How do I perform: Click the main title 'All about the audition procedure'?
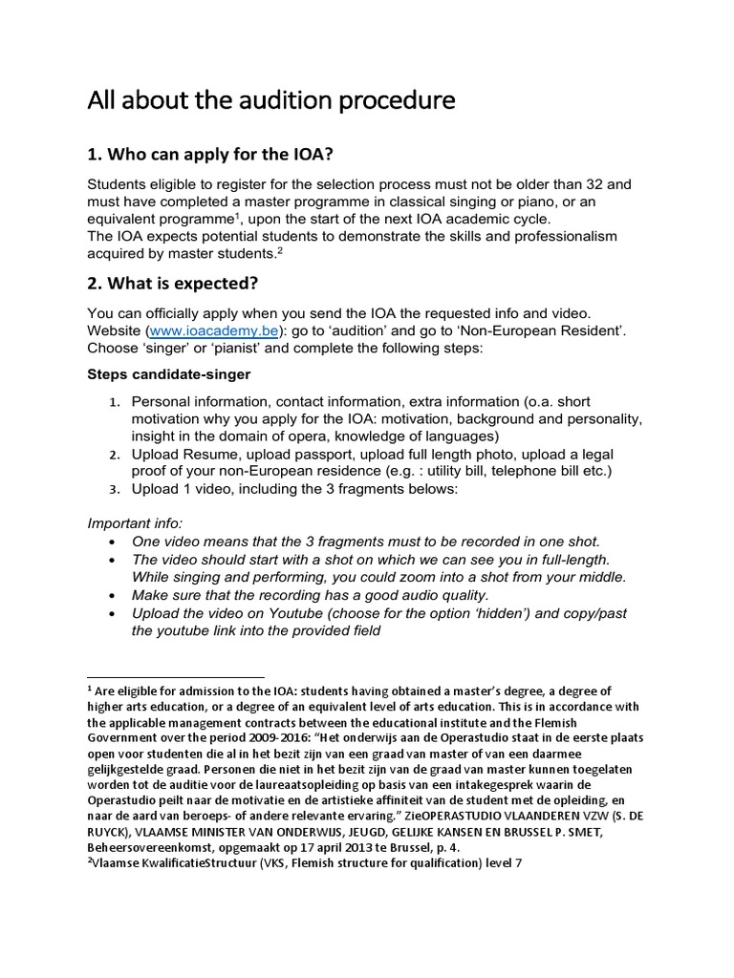pyautogui.click(x=271, y=101)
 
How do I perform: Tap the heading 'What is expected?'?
pyautogui.click(x=182, y=286)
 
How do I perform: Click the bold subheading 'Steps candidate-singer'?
pyautogui.click(x=169, y=373)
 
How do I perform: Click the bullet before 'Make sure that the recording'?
pyautogui.click(x=115, y=594)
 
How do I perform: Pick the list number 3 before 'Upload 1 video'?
pyautogui.click(x=113, y=489)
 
